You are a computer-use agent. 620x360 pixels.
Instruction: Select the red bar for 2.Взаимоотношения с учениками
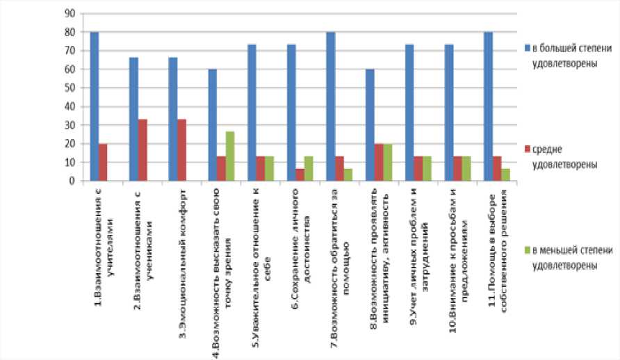pos(142,150)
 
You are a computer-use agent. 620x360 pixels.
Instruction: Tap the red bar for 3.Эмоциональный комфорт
pos(181,150)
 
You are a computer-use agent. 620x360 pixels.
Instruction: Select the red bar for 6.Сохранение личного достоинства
pos(300,174)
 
